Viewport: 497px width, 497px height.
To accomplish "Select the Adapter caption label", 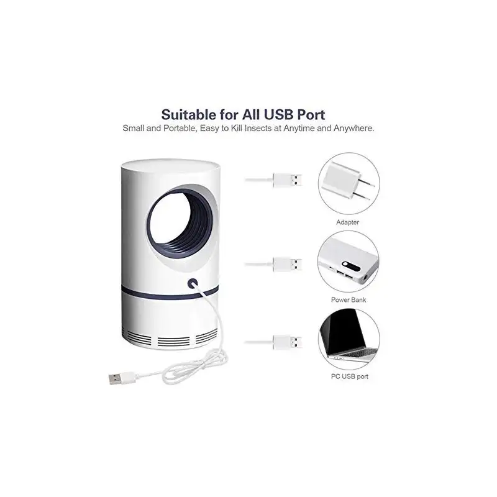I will pyautogui.click(x=347, y=222).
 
